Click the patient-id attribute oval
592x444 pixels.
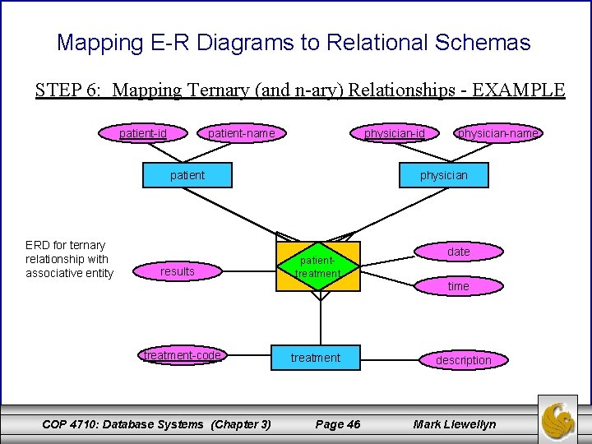click(143, 132)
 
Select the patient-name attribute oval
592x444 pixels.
click(241, 132)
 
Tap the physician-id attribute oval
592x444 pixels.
click(394, 132)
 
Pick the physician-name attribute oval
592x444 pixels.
click(498, 132)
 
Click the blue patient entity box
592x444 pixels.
click(187, 174)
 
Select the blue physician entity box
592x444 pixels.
click(444, 174)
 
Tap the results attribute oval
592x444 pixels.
click(178, 271)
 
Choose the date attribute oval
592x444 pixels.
click(459, 252)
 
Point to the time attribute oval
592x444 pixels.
click(459, 286)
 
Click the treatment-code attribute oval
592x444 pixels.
click(183, 356)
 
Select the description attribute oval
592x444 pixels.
click(463, 360)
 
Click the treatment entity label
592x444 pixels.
click(316, 358)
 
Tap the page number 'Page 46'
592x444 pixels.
click(338, 424)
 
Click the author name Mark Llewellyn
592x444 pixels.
click(455, 424)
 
